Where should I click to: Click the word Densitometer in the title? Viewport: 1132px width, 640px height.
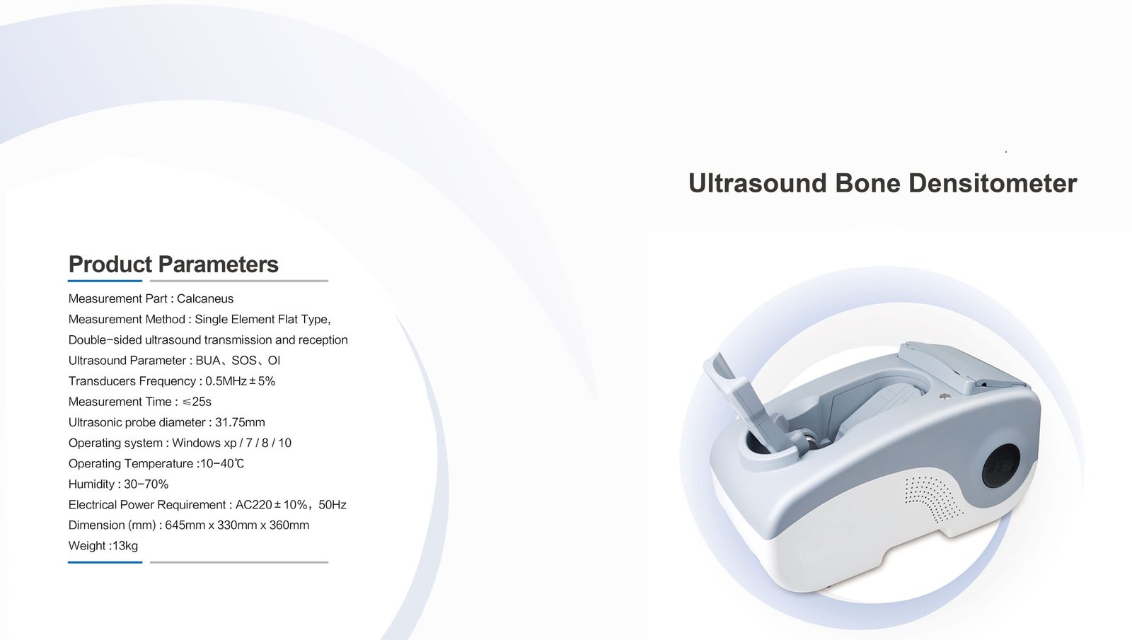pos(993,183)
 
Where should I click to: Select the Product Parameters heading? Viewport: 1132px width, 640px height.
pos(173,264)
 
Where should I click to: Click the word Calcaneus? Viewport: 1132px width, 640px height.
pos(205,298)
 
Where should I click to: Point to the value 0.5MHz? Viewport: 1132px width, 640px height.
pos(226,381)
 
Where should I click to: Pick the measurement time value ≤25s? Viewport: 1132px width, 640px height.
pos(197,402)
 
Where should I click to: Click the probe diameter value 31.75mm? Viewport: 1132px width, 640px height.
pos(240,422)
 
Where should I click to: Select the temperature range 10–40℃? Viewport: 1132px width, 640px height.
pos(222,463)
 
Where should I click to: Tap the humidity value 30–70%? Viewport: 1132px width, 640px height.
pos(146,484)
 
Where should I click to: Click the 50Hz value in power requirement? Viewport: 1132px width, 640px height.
pos(333,505)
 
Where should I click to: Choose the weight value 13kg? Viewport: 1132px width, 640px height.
pos(125,545)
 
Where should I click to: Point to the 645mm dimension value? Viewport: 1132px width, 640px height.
pos(185,525)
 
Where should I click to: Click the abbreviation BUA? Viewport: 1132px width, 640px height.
pos(208,361)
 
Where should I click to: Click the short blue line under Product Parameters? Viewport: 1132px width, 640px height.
pos(105,281)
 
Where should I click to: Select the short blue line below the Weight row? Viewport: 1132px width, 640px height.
pos(105,562)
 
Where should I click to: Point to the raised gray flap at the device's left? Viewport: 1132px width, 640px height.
pos(748,404)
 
